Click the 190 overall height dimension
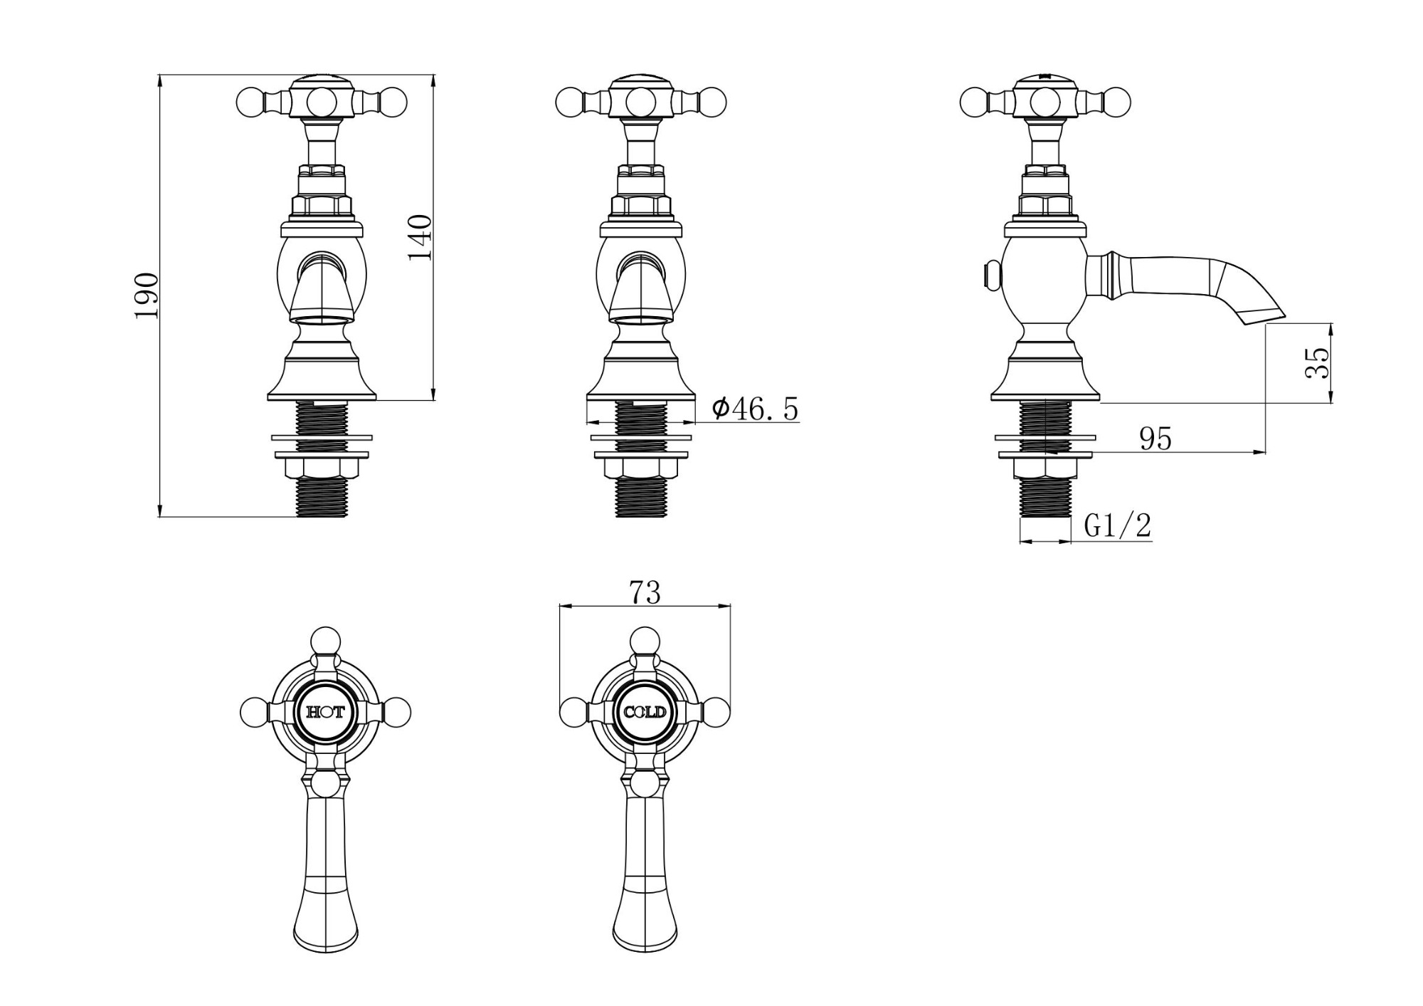[x=147, y=295]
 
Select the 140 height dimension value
[x=420, y=238]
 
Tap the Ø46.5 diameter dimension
[x=755, y=409]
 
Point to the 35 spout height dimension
[x=1317, y=363]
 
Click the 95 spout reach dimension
[x=1155, y=439]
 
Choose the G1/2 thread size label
[x=1117, y=526]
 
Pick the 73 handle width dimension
[x=645, y=592]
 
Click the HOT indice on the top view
[x=325, y=712]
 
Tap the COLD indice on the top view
[x=645, y=712]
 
